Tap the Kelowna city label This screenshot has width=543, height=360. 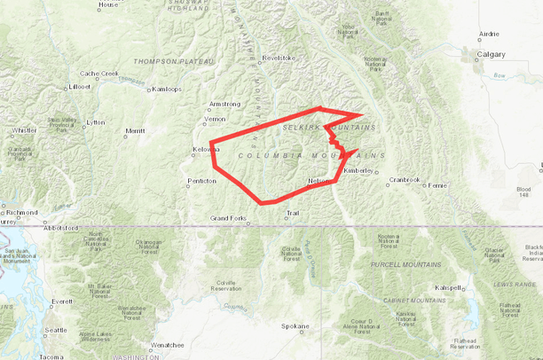[205, 149]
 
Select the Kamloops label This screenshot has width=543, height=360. [167, 89]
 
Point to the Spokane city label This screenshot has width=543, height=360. [295, 326]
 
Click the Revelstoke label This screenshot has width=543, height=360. [277, 59]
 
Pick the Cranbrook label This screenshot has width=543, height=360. [404, 180]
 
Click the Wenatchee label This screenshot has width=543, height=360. [167, 344]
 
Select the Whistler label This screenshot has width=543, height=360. [24, 130]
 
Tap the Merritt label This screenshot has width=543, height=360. [135, 130]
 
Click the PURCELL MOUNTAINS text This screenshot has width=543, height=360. [409, 264]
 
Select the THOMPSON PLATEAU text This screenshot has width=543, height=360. [174, 61]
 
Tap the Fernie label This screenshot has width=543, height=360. [437, 185]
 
